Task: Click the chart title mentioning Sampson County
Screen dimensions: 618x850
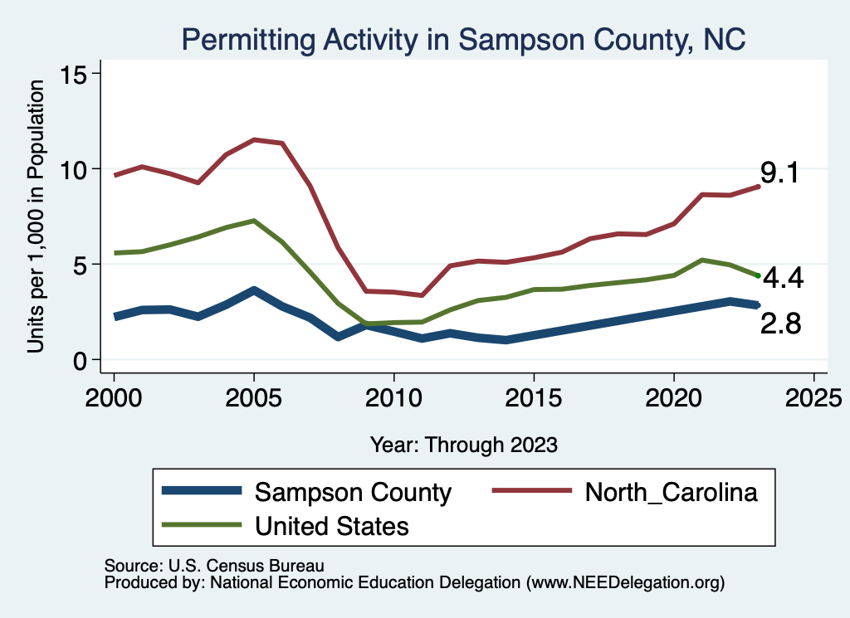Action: coord(464,38)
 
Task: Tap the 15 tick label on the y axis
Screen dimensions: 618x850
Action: coord(76,74)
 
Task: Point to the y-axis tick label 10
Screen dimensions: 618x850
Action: coord(76,169)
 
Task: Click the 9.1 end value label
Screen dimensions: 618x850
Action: coord(779,174)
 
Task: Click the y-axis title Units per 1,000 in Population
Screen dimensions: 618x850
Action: coord(36,217)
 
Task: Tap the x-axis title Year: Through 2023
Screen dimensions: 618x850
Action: coord(463,445)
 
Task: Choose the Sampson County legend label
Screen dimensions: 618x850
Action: coord(353,492)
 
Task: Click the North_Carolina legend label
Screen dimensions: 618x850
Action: coord(672,492)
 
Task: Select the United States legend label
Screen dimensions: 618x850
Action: coord(332,525)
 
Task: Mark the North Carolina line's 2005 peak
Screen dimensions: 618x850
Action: coord(254,139)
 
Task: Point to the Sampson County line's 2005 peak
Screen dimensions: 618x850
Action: coord(254,290)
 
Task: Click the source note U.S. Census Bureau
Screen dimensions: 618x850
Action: coord(214,565)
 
